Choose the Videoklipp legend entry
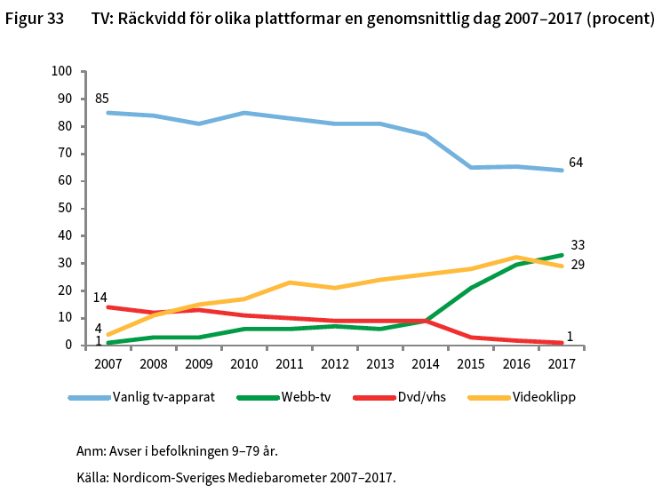544,397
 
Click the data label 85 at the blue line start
102,98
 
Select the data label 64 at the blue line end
576,163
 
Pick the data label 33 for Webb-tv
577,245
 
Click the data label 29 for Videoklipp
577,265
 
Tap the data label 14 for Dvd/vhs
100,297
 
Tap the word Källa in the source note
92,477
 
